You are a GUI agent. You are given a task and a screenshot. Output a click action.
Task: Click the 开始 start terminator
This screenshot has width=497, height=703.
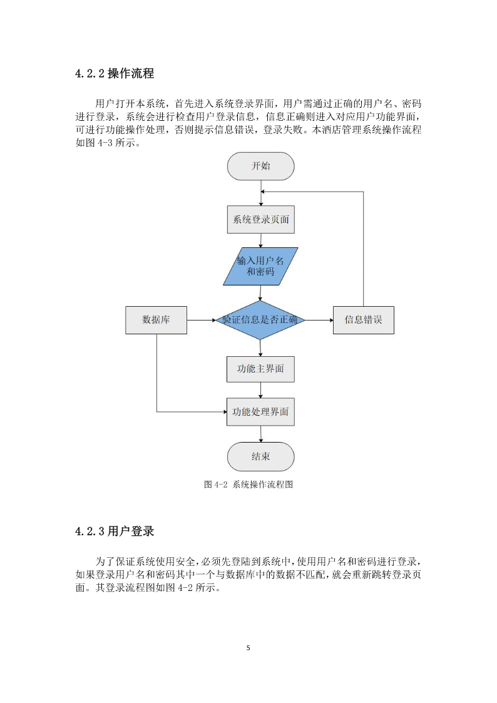261,167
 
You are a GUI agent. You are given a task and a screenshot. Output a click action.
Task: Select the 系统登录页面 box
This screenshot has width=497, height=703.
261,219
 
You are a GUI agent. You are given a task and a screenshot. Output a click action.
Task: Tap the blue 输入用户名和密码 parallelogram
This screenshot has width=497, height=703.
261,266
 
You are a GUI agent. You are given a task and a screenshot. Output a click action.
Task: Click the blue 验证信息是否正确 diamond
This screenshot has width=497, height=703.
260,320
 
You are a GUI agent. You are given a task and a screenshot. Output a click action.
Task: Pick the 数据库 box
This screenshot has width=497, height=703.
156,320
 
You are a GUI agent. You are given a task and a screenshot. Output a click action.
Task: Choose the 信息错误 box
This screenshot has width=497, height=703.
364,320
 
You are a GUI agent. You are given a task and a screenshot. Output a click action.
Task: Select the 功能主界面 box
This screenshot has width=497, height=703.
260,369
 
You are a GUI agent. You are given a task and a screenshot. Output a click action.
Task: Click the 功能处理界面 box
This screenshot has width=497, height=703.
260,411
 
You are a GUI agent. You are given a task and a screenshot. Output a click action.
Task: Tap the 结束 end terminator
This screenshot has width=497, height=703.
261,457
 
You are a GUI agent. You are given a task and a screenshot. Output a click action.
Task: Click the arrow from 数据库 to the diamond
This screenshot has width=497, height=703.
201,320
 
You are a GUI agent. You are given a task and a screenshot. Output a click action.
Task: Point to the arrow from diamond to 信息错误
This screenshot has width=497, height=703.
319,320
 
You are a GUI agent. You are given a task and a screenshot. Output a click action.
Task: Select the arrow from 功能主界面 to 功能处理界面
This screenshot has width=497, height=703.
261,390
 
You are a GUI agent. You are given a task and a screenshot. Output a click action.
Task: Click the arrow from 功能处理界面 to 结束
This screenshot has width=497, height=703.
261,434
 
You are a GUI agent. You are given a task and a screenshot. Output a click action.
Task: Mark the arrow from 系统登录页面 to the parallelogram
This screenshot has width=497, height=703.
261,240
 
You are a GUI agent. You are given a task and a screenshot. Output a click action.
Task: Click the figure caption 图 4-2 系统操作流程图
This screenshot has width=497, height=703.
248,484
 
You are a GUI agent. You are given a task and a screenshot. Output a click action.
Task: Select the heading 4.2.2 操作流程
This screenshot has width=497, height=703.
115,73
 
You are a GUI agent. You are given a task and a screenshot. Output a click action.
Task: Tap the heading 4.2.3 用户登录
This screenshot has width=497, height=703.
115,531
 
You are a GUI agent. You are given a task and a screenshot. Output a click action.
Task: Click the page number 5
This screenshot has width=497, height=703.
248,648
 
